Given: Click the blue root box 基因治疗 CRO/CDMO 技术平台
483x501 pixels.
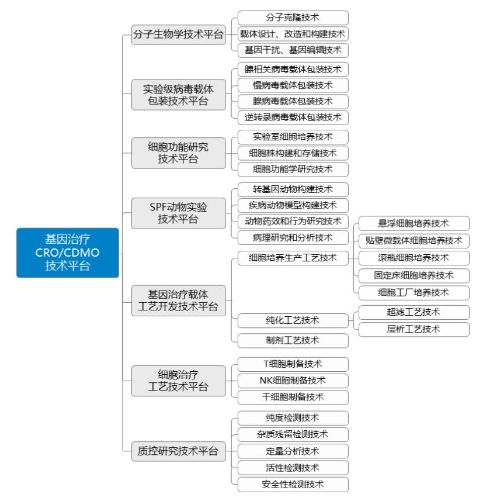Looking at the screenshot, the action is (x=68, y=253).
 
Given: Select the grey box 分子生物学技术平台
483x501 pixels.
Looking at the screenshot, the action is (x=179, y=34).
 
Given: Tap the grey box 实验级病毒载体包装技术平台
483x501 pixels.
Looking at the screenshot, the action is (x=179, y=95).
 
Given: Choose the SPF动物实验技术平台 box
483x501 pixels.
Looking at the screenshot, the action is (x=179, y=213).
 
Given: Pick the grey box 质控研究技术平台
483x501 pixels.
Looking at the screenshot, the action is (x=179, y=451).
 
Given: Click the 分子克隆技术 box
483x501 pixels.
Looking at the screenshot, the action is (x=293, y=18).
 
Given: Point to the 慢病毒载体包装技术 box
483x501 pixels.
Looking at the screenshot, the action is (x=293, y=85).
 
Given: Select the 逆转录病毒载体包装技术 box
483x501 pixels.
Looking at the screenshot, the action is (x=293, y=118).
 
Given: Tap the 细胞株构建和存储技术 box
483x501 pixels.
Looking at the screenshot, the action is (x=293, y=153).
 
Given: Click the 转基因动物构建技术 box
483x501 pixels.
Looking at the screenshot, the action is (x=293, y=189).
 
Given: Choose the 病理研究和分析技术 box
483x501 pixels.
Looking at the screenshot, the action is (x=293, y=238).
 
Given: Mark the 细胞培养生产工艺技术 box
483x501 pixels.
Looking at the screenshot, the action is (x=293, y=258).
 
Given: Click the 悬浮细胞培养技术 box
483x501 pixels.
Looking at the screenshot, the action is (x=414, y=223).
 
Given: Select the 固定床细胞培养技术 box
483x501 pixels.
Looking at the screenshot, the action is (x=414, y=275).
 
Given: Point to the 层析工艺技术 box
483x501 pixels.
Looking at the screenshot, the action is (x=414, y=329).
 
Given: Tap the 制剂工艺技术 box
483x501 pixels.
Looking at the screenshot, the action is (x=293, y=341).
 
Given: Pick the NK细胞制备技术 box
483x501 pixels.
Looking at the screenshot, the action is (x=293, y=381).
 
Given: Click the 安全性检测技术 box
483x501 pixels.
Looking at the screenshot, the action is (x=293, y=485).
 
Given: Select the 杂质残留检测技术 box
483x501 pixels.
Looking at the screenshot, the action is (x=293, y=434).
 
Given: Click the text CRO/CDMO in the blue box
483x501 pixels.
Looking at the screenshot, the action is (x=67, y=253).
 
